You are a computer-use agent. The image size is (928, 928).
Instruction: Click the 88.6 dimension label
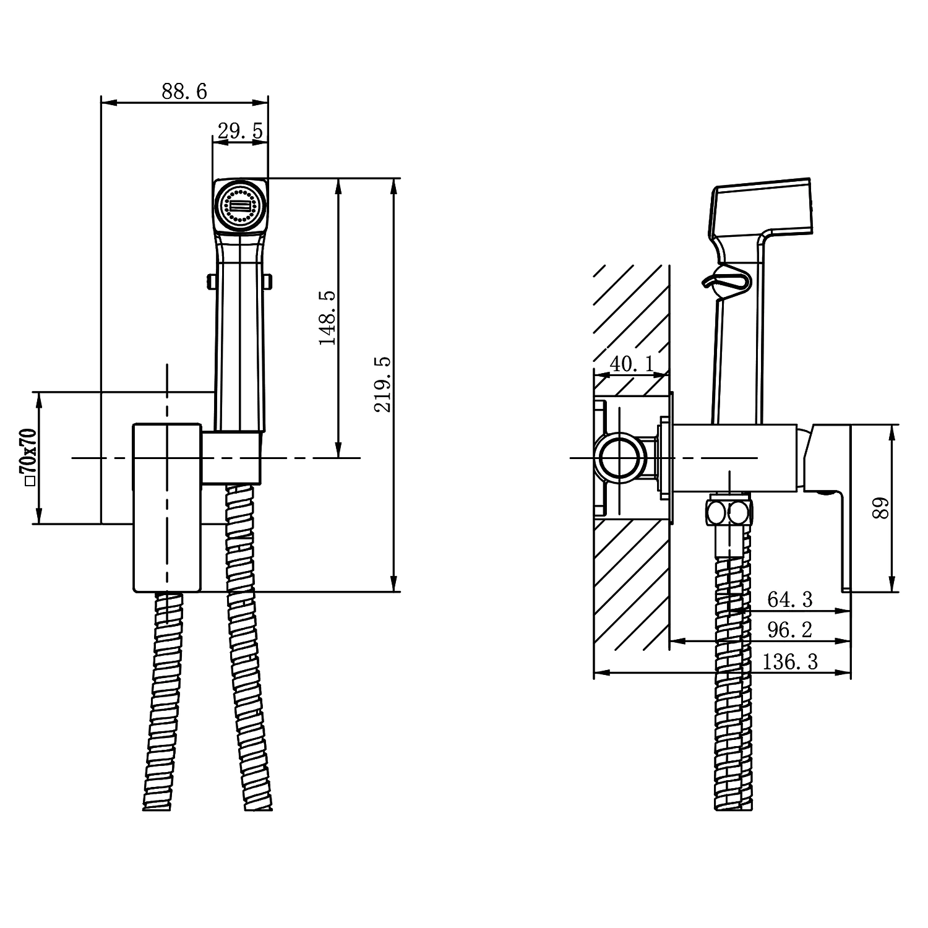184,92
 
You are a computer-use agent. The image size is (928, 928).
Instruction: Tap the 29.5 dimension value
240,131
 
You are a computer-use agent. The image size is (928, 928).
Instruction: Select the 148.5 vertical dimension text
327,318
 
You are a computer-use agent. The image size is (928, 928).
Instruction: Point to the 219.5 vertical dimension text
383,384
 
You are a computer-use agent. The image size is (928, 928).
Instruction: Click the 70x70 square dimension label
28,457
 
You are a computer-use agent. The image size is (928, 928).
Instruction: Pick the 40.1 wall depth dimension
632,364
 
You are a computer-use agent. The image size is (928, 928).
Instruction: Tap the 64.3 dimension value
790,599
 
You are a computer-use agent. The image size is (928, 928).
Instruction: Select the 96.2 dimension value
790,630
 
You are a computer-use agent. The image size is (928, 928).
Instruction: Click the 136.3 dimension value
790,662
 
